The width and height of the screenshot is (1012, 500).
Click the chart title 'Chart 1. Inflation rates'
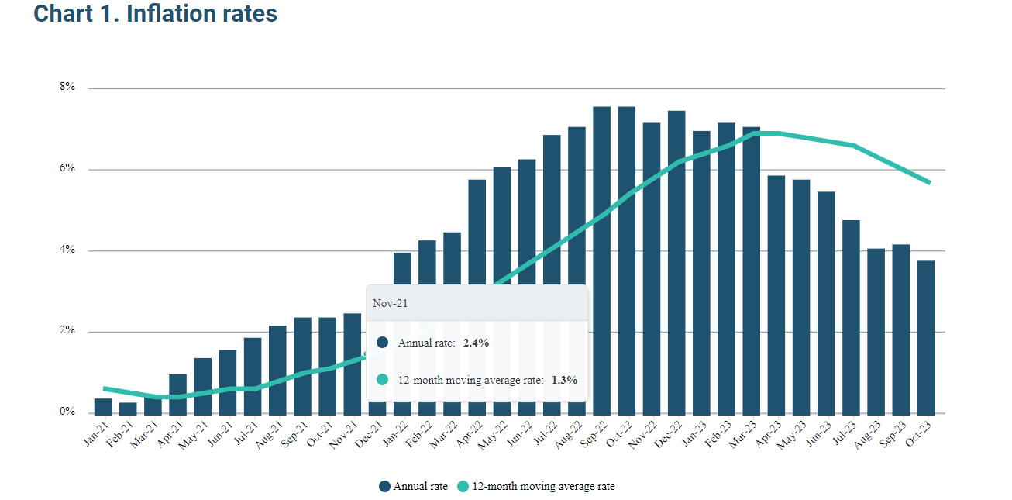click(x=155, y=13)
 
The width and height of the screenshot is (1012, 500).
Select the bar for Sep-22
click(x=601, y=260)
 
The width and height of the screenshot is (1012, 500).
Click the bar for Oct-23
click(x=926, y=337)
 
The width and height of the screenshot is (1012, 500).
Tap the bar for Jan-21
click(x=103, y=405)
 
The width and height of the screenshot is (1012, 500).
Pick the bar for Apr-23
click(x=776, y=295)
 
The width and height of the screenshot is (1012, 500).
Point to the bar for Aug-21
click(x=277, y=369)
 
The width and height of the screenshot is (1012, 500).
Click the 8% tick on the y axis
click(x=67, y=88)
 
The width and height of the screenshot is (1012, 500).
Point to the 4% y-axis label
click(x=67, y=250)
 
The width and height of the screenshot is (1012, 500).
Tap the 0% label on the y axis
click(x=67, y=412)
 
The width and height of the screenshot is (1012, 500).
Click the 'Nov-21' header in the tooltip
click(x=390, y=303)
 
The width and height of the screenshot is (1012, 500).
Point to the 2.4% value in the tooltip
click(x=476, y=343)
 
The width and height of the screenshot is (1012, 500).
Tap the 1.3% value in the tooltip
click(x=564, y=380)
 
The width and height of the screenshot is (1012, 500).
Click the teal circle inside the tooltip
click(x=382, y=380)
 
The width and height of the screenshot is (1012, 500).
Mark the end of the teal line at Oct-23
click(x=929, y=183)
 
